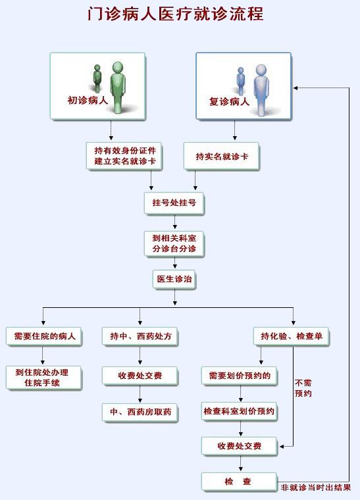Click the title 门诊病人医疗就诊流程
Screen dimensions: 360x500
(x=176, y=14)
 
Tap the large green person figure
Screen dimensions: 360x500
(x=118, y=87)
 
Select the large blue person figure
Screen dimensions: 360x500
(x=261, y=89)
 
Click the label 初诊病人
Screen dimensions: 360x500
(x=88, y=101)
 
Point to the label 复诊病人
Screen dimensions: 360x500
(x=229, y=101)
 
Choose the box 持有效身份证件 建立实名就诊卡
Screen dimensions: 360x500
(x=124, y=156)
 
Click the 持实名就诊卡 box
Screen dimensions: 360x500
(x=222, y=156)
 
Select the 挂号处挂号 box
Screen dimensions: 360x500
(x=174, y=203)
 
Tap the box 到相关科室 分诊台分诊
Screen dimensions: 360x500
(x=174, y=244)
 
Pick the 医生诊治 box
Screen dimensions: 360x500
(x=174, y=280)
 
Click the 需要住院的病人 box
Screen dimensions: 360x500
(x=44, y=336)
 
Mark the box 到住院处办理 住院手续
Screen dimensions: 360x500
(x=44, y=378)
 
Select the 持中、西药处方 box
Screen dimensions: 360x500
(x=140, y=336)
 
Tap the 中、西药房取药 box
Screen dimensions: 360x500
(x=140, y=413)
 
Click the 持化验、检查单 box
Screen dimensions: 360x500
(x=292, y=336)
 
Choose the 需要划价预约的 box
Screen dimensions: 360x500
(x=240, y=376)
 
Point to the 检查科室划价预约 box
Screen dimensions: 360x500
(x=240, y=411)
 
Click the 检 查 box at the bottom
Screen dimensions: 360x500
(x=239, y=482)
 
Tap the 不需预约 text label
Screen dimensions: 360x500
(x=303, y=388)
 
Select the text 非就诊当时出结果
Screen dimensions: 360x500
(x=316, y=488)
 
